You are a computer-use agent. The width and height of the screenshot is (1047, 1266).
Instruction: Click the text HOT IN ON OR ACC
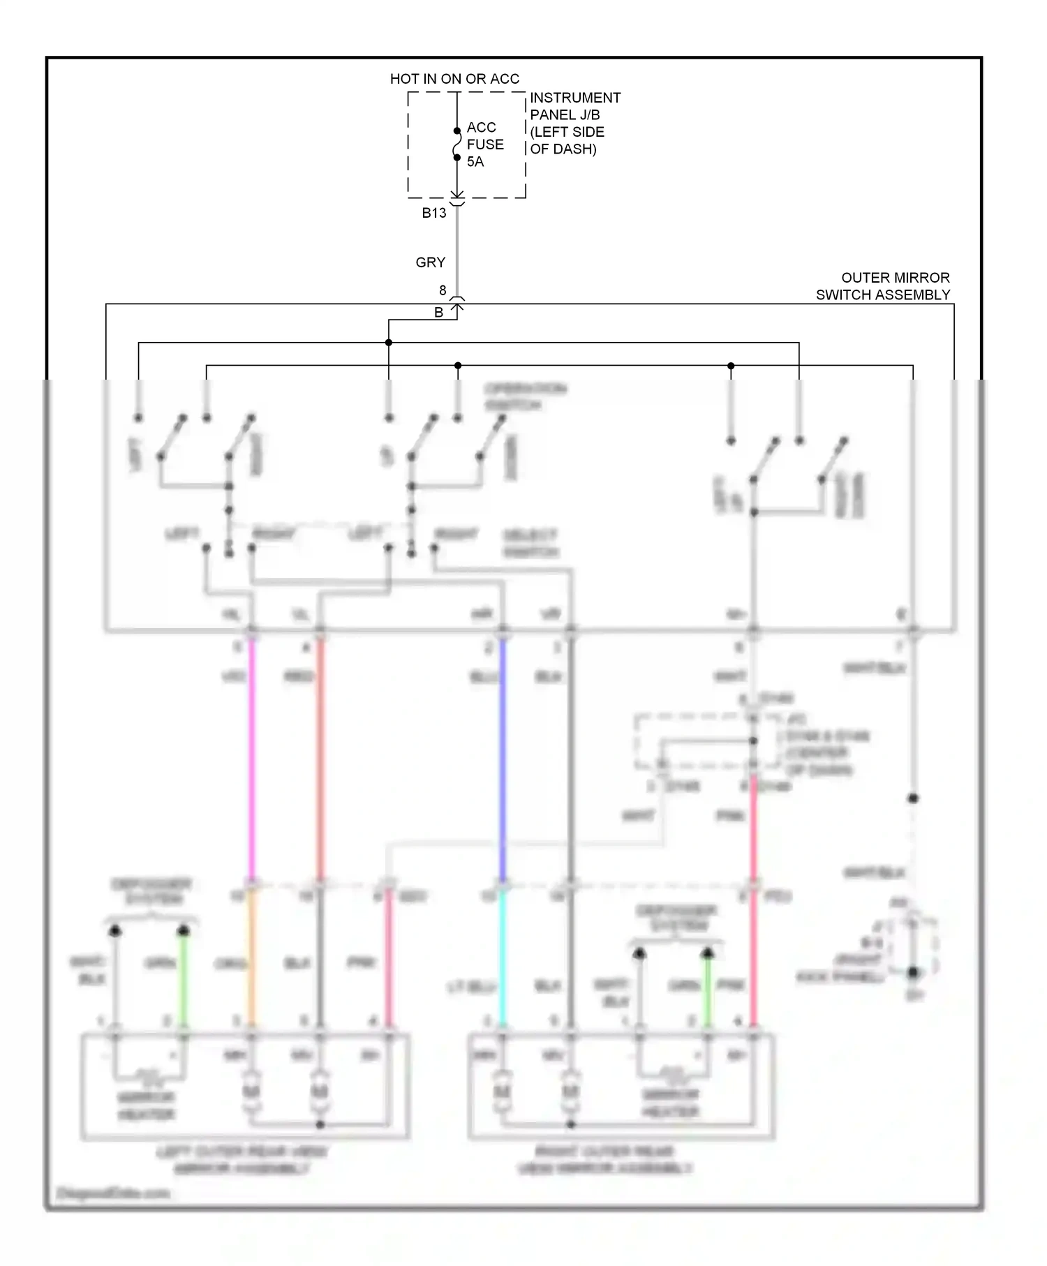(x=454, y=79)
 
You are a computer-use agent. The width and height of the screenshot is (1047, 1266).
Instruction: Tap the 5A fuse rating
(x=475, y=162)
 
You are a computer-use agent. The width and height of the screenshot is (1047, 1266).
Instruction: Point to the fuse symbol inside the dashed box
(x=457, y=144)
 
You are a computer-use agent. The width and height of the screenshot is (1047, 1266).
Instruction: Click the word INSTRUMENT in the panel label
(x=575, y=98)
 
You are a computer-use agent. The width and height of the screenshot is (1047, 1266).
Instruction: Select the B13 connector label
(x=434, y=214)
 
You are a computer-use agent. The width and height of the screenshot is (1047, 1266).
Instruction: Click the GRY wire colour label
(x=430, y=262)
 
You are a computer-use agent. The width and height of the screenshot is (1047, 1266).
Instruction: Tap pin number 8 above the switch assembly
(x=443, y=290)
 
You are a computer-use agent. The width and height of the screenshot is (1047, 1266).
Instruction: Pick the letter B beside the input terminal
(x=438, y=313)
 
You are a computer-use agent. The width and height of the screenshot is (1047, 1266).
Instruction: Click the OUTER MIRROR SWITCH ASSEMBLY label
(x=883, y=286)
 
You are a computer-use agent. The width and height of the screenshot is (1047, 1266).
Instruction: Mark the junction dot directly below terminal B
(x=389, y=343)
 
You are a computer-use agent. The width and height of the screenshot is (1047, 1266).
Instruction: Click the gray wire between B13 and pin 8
(x=457, y=251)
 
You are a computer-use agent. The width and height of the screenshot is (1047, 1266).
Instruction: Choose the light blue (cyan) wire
(x=502, y=963)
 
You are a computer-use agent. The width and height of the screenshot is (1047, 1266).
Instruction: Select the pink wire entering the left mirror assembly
(x=389, y=963)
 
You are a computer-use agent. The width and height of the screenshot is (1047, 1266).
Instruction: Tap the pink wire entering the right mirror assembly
(x=754, y=963)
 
